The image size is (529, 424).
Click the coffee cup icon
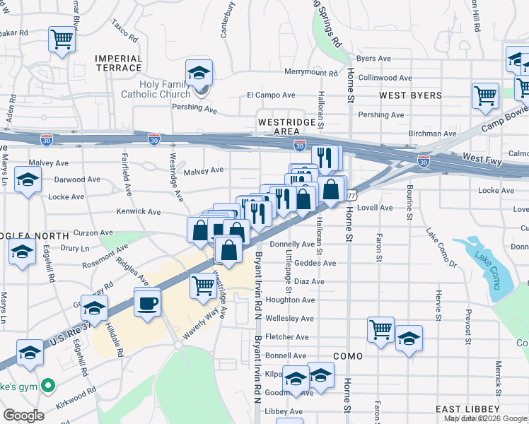click(146, 304)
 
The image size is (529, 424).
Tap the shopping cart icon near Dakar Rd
click(62, 38)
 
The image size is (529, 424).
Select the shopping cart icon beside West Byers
click(485, 95)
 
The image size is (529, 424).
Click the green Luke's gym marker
click(47, 386)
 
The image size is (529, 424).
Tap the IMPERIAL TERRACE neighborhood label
click(118, 63)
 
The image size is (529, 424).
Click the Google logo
click(24, 416)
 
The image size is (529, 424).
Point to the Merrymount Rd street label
click(310, 72)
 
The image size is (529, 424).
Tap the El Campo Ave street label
click(270, 95)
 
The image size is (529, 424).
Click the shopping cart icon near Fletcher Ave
click(380, 329)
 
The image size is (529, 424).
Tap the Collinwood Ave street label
click(385, 78)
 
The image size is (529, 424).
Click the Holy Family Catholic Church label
click(165, 89)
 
